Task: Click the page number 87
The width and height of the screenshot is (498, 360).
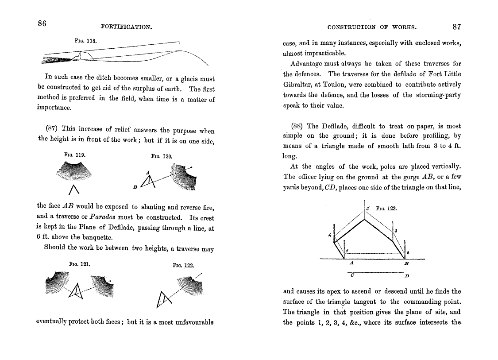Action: [x=457, y=27]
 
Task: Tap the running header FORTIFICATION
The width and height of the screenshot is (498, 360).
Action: [x=127, y=27]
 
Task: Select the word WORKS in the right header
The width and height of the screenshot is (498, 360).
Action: [x=405, y=27]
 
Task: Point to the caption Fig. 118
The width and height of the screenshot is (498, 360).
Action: [x=86, y=40]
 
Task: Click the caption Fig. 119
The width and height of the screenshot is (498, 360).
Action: [x=74, y=155]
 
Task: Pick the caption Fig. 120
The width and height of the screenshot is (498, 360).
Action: [x=161, y=156]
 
